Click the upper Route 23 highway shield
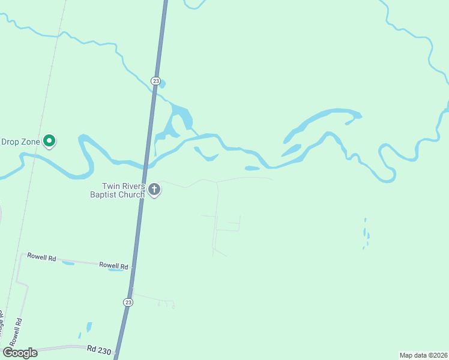click(155, 80)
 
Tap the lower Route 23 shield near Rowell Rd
click(128, 302)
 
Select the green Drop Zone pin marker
click(49, 142)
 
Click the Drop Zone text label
click(20, 142)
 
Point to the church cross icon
click(154, 190)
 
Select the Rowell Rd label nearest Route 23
click(114, 265)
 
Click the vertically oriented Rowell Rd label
click(19, 329)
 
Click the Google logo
click(20, 353)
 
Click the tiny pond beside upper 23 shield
click(162, 84)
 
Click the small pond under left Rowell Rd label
click(68, 263)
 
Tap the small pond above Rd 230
click(89, 327)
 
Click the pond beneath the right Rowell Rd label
click(115, 270)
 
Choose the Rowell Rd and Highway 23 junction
click(132, 265)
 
